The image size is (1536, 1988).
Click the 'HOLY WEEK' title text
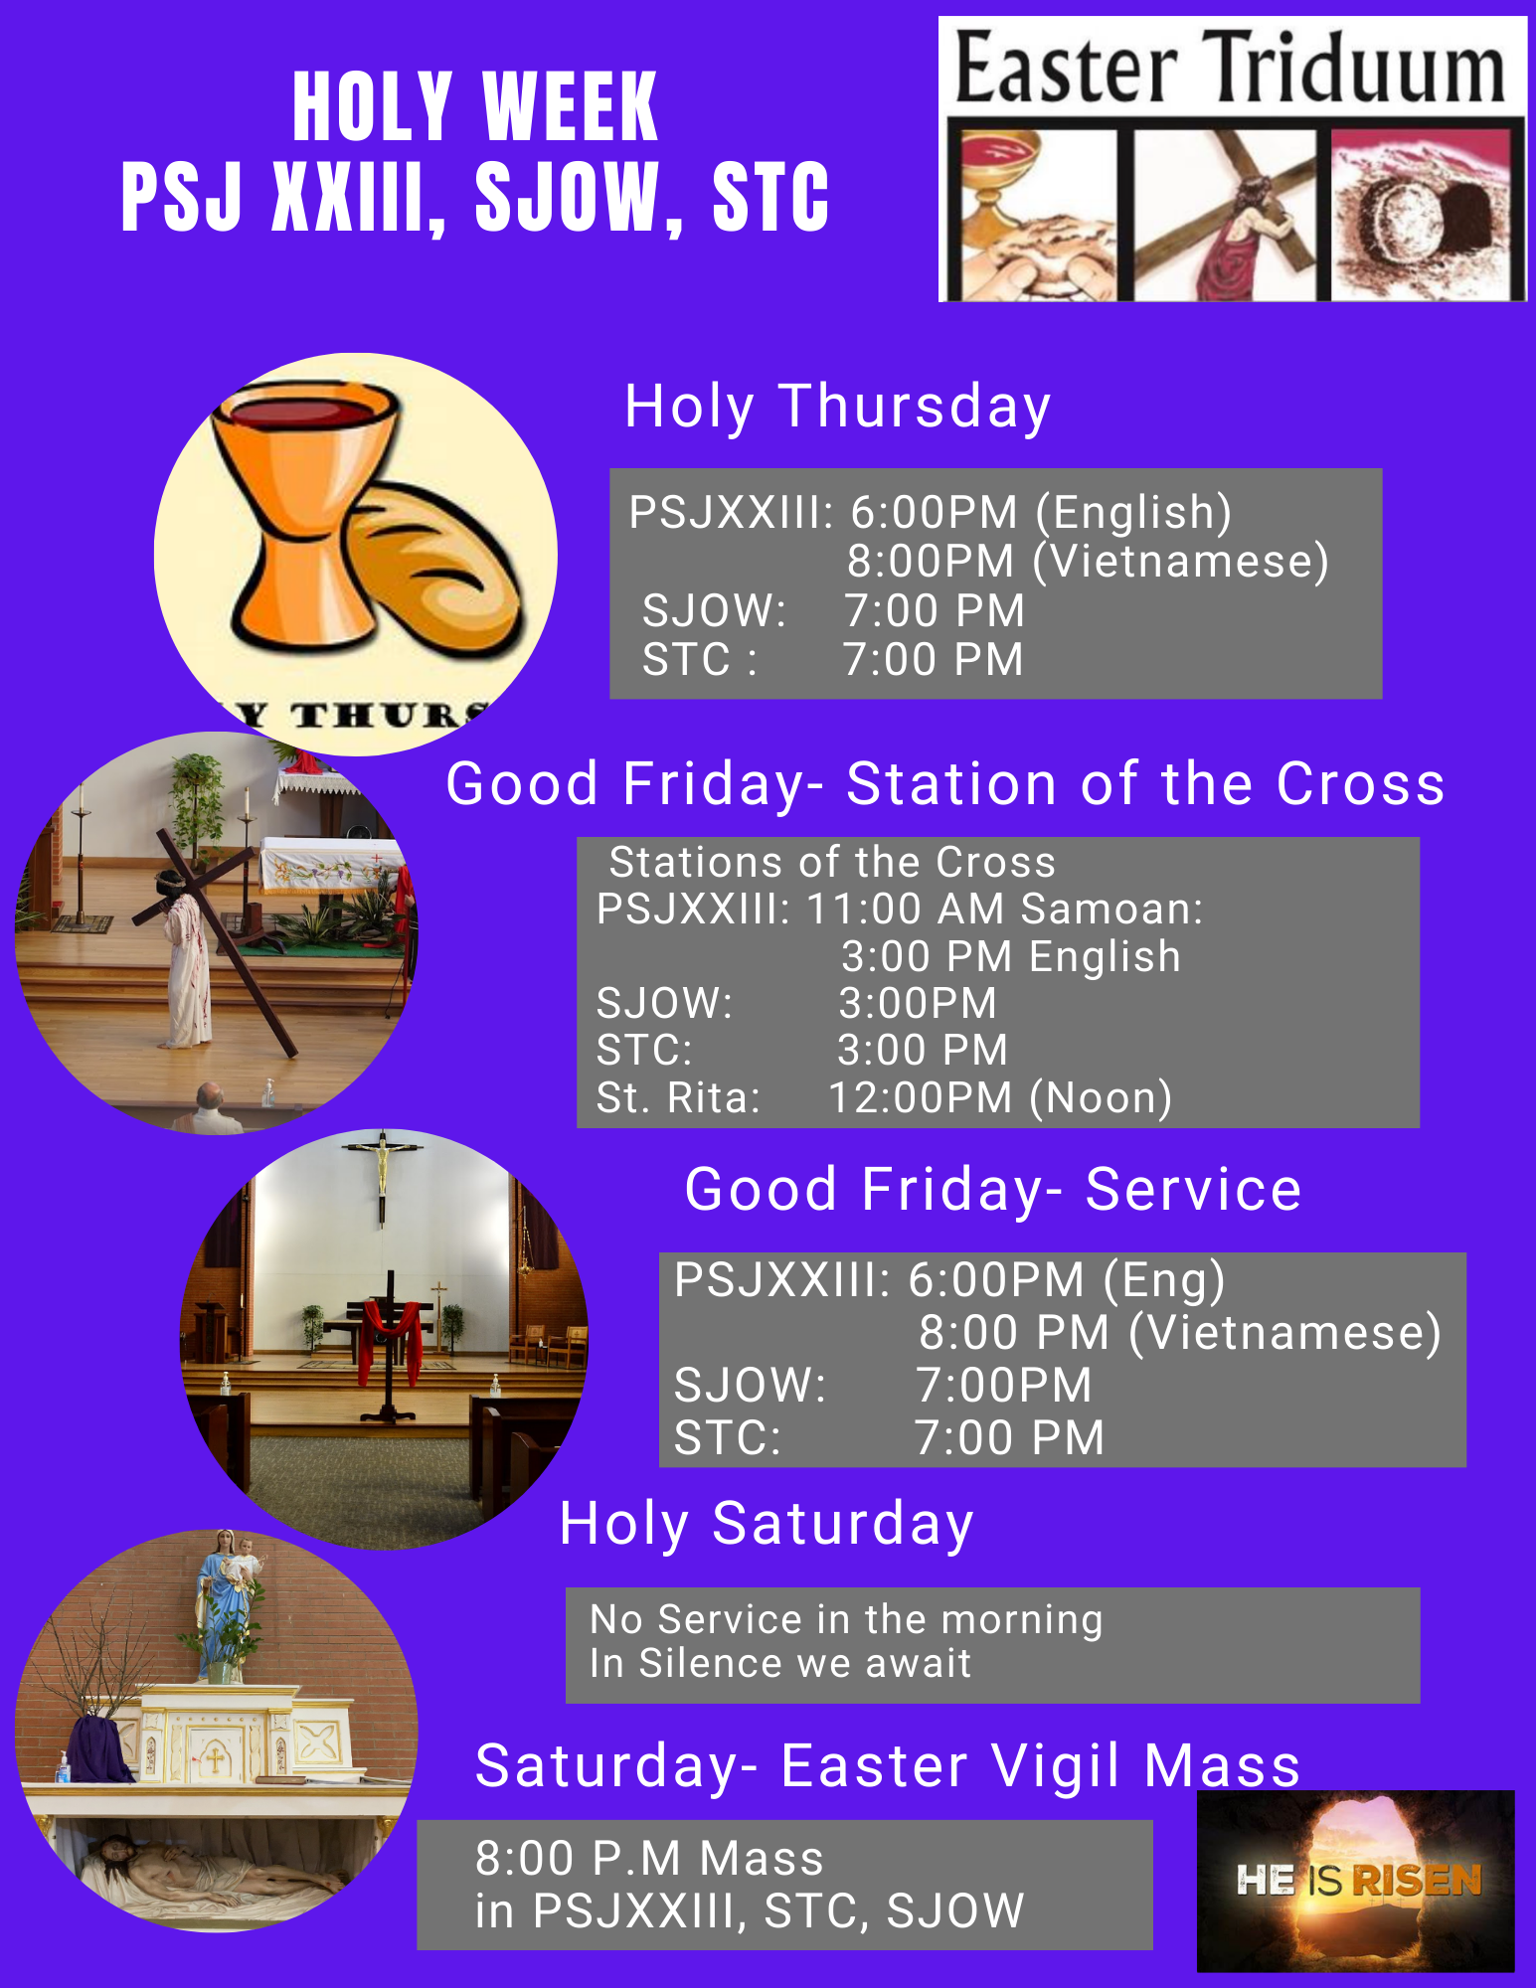[475, 107]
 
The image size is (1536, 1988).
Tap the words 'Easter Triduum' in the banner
[1231, 68]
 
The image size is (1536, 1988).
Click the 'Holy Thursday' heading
[837, 407]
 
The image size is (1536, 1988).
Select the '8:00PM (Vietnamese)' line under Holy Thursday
[1088, 561]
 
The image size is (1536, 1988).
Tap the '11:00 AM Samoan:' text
[1004, 909]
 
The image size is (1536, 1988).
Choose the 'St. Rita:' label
[678, 1097]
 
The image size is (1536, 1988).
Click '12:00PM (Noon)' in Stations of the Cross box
[1000, 1097]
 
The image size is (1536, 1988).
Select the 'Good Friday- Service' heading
[993, 1189]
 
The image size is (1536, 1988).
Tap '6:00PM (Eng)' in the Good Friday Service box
[1066, 1279]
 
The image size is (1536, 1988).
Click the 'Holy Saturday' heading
[767, 1524]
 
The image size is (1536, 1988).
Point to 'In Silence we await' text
[780, 1663]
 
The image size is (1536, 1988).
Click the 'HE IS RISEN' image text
[1358, 1881]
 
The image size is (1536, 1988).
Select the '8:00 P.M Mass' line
[649, 1858]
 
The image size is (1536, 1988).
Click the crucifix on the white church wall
[382, 1173]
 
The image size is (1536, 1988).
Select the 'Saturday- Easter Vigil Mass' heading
[888, 1765]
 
